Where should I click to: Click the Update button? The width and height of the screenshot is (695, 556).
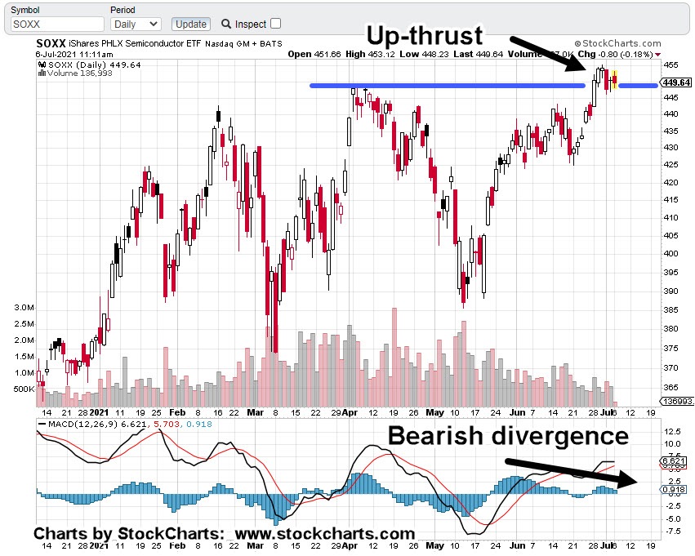[192, 24]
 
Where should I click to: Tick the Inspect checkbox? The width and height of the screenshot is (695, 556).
[275, 24]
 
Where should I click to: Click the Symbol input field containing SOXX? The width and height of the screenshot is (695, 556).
[57, 24]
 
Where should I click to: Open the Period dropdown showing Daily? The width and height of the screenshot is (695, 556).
[135, 24]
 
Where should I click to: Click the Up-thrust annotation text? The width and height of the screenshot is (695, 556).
[425, 35]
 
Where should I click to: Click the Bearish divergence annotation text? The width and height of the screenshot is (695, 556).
[508, 436]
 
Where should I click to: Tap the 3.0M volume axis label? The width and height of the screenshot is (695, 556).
[24, 308]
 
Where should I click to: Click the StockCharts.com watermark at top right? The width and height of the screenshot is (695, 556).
[621, 43]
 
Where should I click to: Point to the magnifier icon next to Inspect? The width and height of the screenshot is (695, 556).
[226, 24]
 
